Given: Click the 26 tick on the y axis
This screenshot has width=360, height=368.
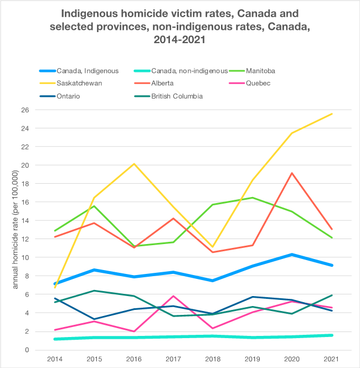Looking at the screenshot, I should tap(25, 110).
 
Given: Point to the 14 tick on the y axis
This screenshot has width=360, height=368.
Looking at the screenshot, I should tap(25, 220).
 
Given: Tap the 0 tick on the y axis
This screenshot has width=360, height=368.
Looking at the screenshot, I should tap(27, 350).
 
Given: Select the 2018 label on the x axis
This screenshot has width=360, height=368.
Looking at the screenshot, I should tap(213, 359).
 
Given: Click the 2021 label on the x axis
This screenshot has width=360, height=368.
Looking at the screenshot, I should tap(331, 359).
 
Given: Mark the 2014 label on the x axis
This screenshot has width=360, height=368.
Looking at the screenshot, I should tap(54, 359).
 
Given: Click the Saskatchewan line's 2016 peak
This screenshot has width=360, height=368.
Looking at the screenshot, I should tap(133, 164).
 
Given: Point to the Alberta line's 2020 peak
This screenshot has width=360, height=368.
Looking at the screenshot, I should tap(292, 173).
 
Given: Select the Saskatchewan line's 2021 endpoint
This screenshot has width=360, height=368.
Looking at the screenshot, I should tap(332, 113).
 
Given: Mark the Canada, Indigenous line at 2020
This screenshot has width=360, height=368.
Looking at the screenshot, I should tap(292, 255).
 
